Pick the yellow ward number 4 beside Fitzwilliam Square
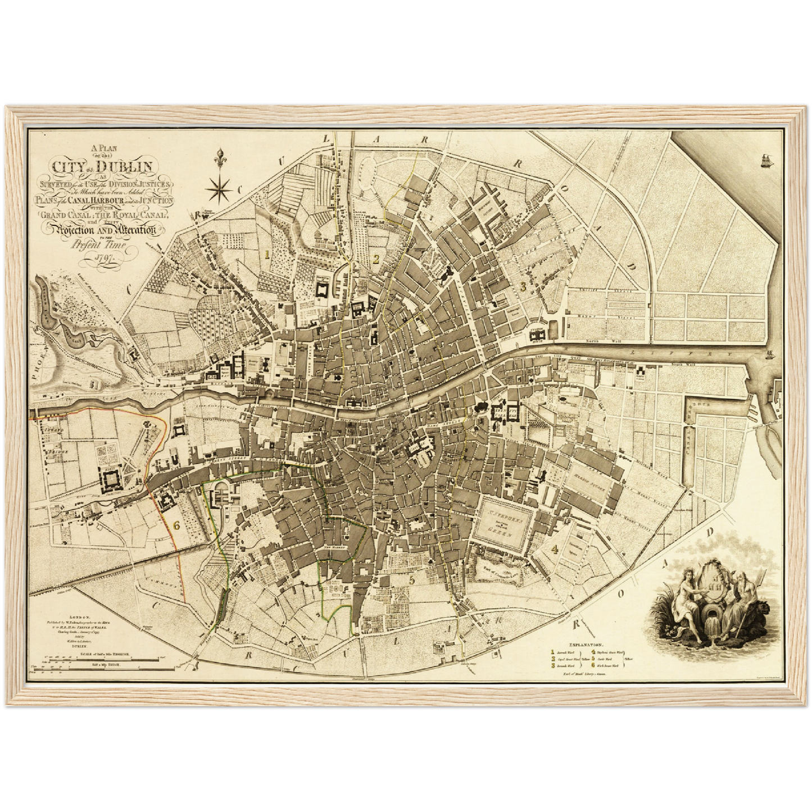555,548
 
